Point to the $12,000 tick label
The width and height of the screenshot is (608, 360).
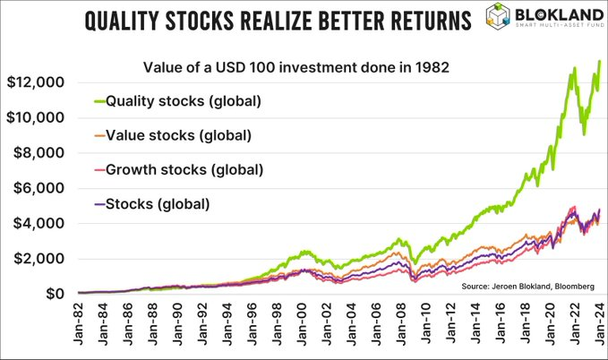coord(35,82)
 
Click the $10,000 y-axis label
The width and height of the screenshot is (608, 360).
coord(35,117)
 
